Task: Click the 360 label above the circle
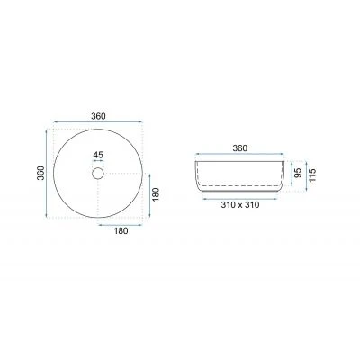click(98, 116)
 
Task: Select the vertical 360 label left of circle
click(40, 173)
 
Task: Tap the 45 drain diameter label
click(98, 155)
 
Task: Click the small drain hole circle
click(98, 174)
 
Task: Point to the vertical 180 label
click(156, 194)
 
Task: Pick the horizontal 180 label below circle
click(121, 231)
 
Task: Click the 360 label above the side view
click(240, 148)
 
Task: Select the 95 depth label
click(298, 173)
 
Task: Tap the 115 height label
click(312, 175)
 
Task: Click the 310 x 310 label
click(240, 205)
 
